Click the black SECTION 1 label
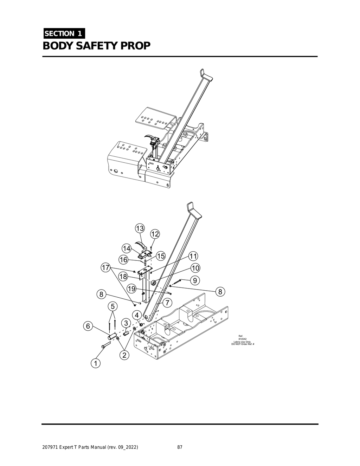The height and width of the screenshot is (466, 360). coord(64,33)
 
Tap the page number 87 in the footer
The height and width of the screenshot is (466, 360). coord(180,447)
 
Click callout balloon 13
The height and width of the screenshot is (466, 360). coord(140,228)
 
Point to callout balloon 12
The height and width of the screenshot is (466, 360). coord(155,234)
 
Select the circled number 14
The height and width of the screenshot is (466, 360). coord(127,248)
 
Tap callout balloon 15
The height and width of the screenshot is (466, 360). coord(161,256)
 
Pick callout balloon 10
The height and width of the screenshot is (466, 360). coord(195,268)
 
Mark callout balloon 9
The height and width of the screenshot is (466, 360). coord(195,280)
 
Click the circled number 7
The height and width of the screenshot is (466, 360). coord(167,302)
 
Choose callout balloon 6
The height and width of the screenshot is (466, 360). coord(88,326)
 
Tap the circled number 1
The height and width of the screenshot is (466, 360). coord(95,363)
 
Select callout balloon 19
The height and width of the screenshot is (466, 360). coord(131,289)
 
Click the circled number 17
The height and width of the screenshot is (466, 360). coord(105,268)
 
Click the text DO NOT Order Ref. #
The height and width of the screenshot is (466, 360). coord(243,344)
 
